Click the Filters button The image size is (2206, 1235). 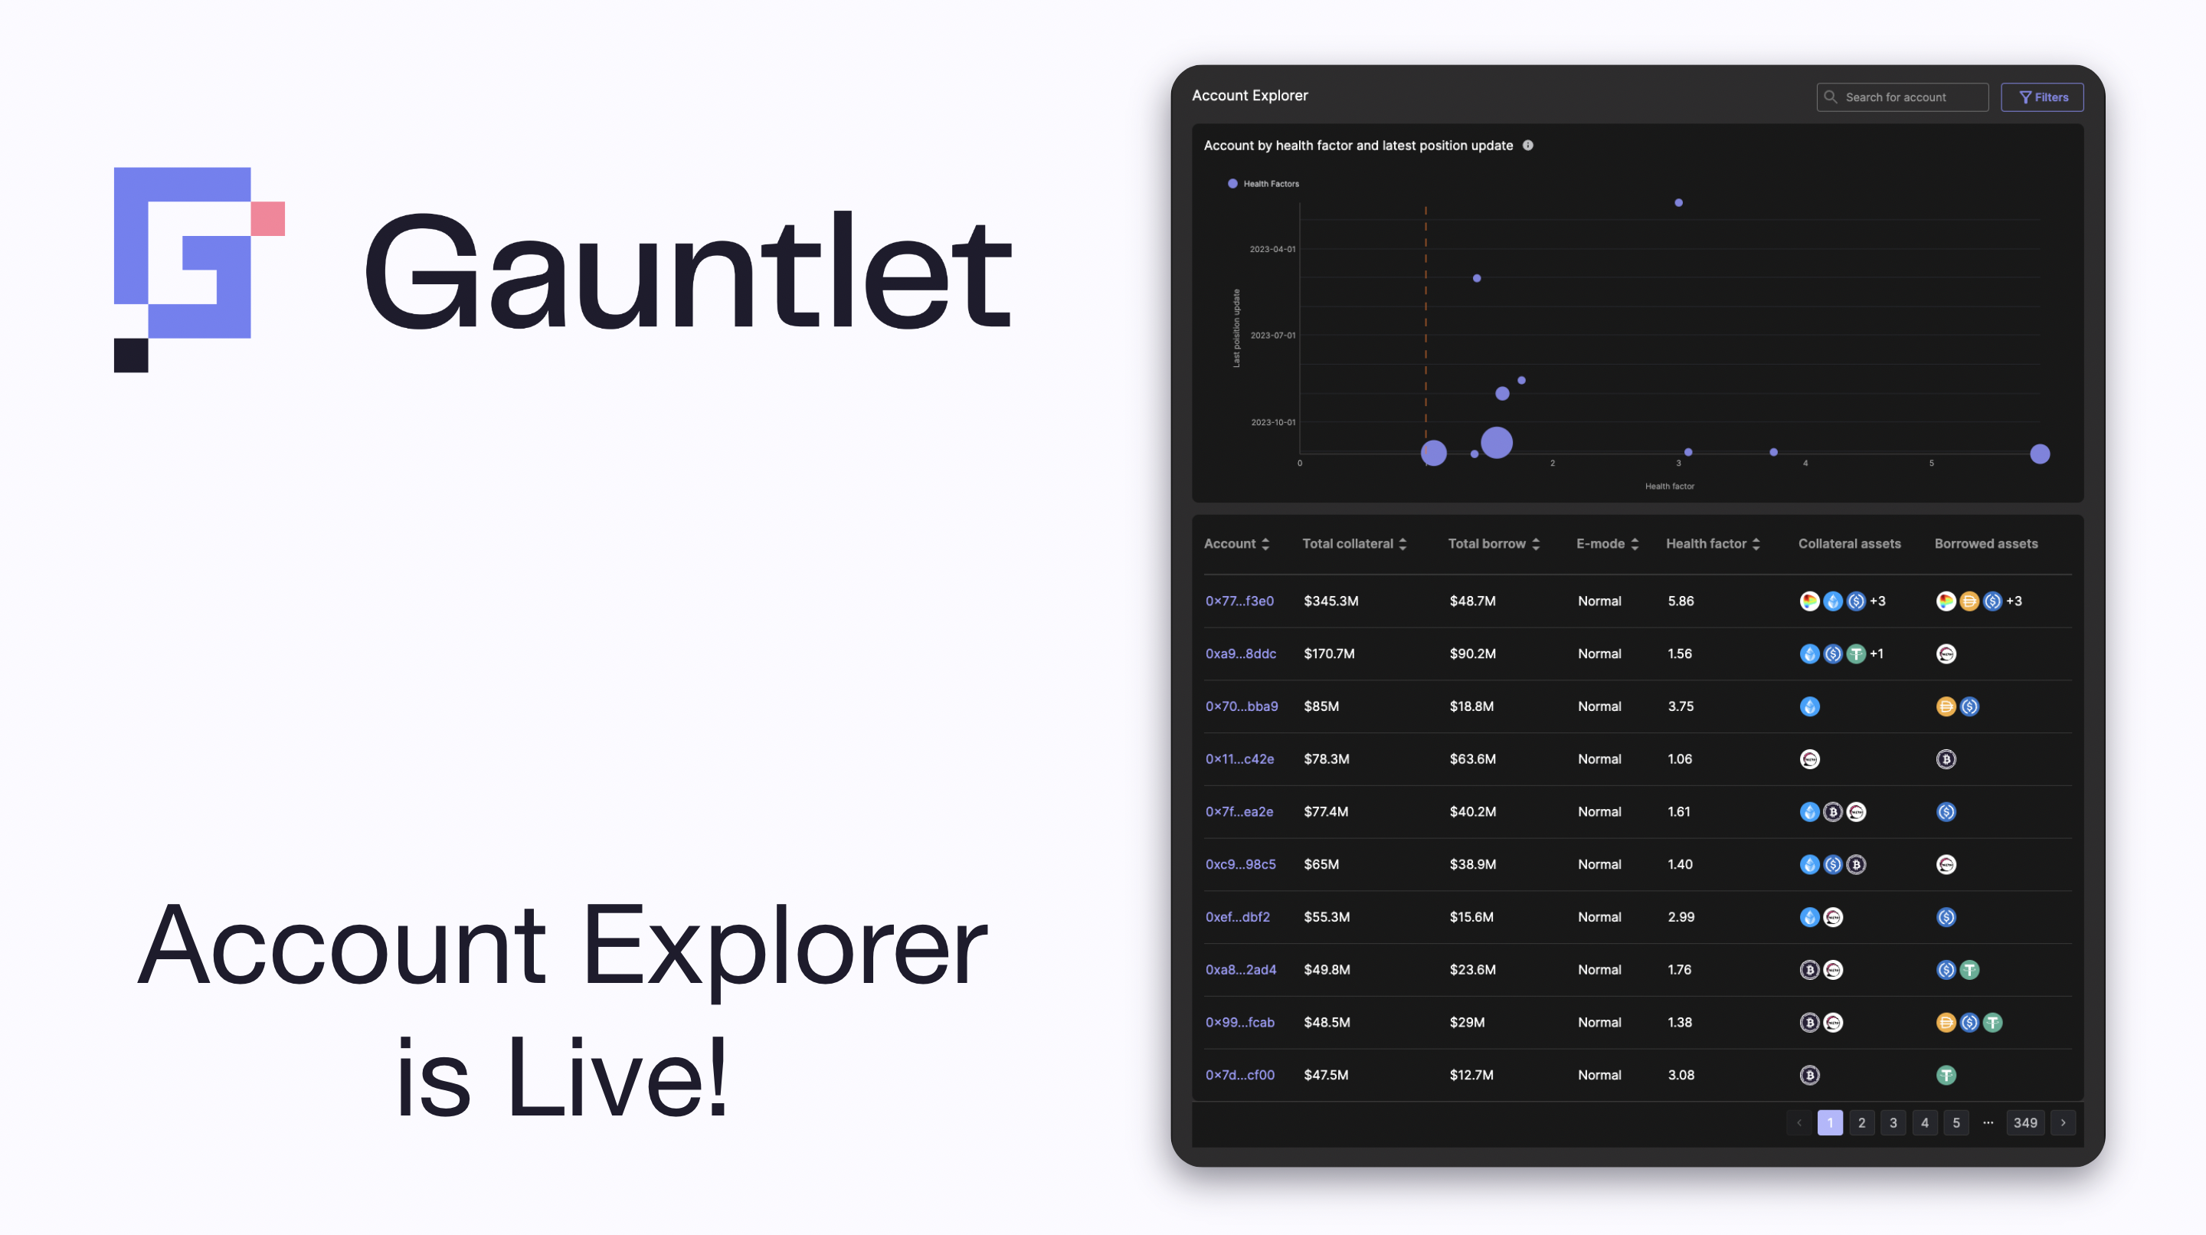click(x=2041, y=97)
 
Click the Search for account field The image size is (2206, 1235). click(x=1902, y=97)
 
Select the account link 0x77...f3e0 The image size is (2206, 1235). click(x=1239, y=601)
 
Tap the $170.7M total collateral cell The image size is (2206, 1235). click(x=1329, y=654)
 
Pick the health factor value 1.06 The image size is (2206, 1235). click(x=1679, y=758)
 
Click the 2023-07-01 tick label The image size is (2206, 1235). click(x=1272, y=335)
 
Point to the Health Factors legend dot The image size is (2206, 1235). click(x=1232, y=183)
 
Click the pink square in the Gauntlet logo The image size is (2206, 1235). click(x=267, y=218)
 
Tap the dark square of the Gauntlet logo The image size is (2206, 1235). click(x=131, y=355)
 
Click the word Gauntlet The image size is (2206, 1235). click(x=689, y=271)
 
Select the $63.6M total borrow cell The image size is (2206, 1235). click(x=1472, y=758)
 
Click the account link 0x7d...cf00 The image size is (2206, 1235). click(x=1239, y=1075)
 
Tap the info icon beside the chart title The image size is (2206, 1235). click(x=1528, y=146)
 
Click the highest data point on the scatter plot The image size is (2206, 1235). click(x=1678, y=203)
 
